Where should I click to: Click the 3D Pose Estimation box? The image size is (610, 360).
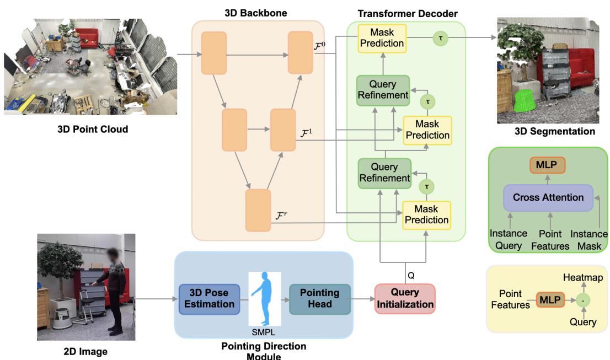pos(209,299)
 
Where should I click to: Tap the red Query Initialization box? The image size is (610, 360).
pos(405,298)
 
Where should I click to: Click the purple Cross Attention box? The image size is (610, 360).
pos(548,197)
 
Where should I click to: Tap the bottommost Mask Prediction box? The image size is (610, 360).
pos(426,214)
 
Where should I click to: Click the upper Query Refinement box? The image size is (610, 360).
pos(383,90)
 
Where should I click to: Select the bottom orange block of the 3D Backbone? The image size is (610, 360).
pos(258,209)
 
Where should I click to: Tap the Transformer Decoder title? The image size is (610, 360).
pos(408,13)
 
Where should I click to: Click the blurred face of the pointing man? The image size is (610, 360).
pos(113,257)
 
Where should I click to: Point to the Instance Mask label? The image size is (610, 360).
pos(590,239)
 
